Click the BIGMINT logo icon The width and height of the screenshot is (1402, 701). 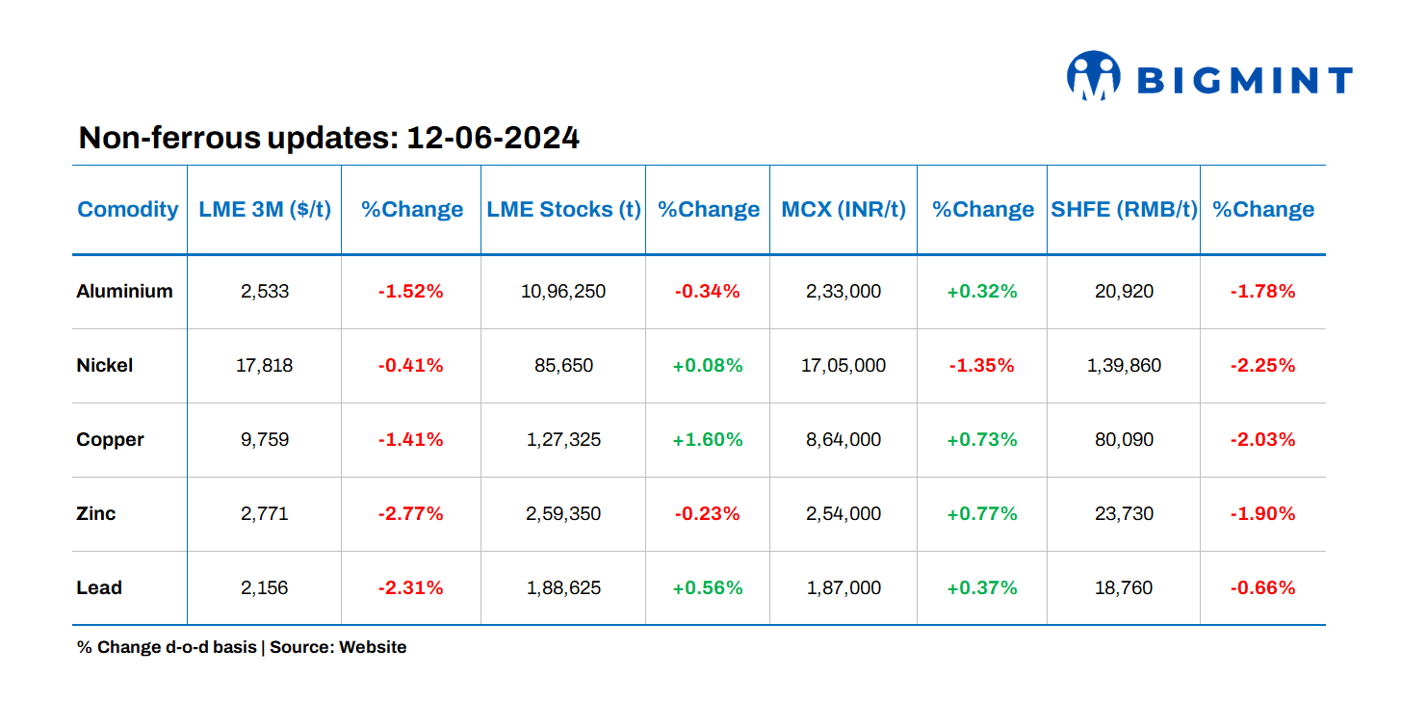[1093, 75]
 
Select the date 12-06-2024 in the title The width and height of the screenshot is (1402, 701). [492, 138]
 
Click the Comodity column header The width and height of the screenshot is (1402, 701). [128, 209]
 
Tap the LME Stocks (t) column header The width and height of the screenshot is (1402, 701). [563, 209]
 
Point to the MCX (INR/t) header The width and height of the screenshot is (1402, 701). [844, 209]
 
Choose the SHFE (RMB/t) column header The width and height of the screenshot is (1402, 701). [1124, 209]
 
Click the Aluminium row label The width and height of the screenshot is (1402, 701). [124, 291]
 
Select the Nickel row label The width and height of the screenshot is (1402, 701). [105, 365]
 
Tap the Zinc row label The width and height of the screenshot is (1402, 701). [96, 513]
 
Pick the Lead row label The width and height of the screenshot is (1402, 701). [99, 587]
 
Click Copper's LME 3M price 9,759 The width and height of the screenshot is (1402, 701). [264, 439]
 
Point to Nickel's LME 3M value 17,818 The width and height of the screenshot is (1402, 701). [264, 365]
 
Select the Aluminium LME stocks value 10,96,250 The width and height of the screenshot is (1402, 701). [563, 291]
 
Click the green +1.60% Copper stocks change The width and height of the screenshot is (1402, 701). [708, 439]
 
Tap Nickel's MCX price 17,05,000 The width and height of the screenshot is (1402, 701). [844, 365]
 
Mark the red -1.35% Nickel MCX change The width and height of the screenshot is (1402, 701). [982, 365]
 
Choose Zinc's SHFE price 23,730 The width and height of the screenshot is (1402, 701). [1124, 513]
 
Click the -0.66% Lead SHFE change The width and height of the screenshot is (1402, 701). [1262, 587]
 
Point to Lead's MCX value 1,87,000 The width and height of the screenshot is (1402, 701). [844, 587]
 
